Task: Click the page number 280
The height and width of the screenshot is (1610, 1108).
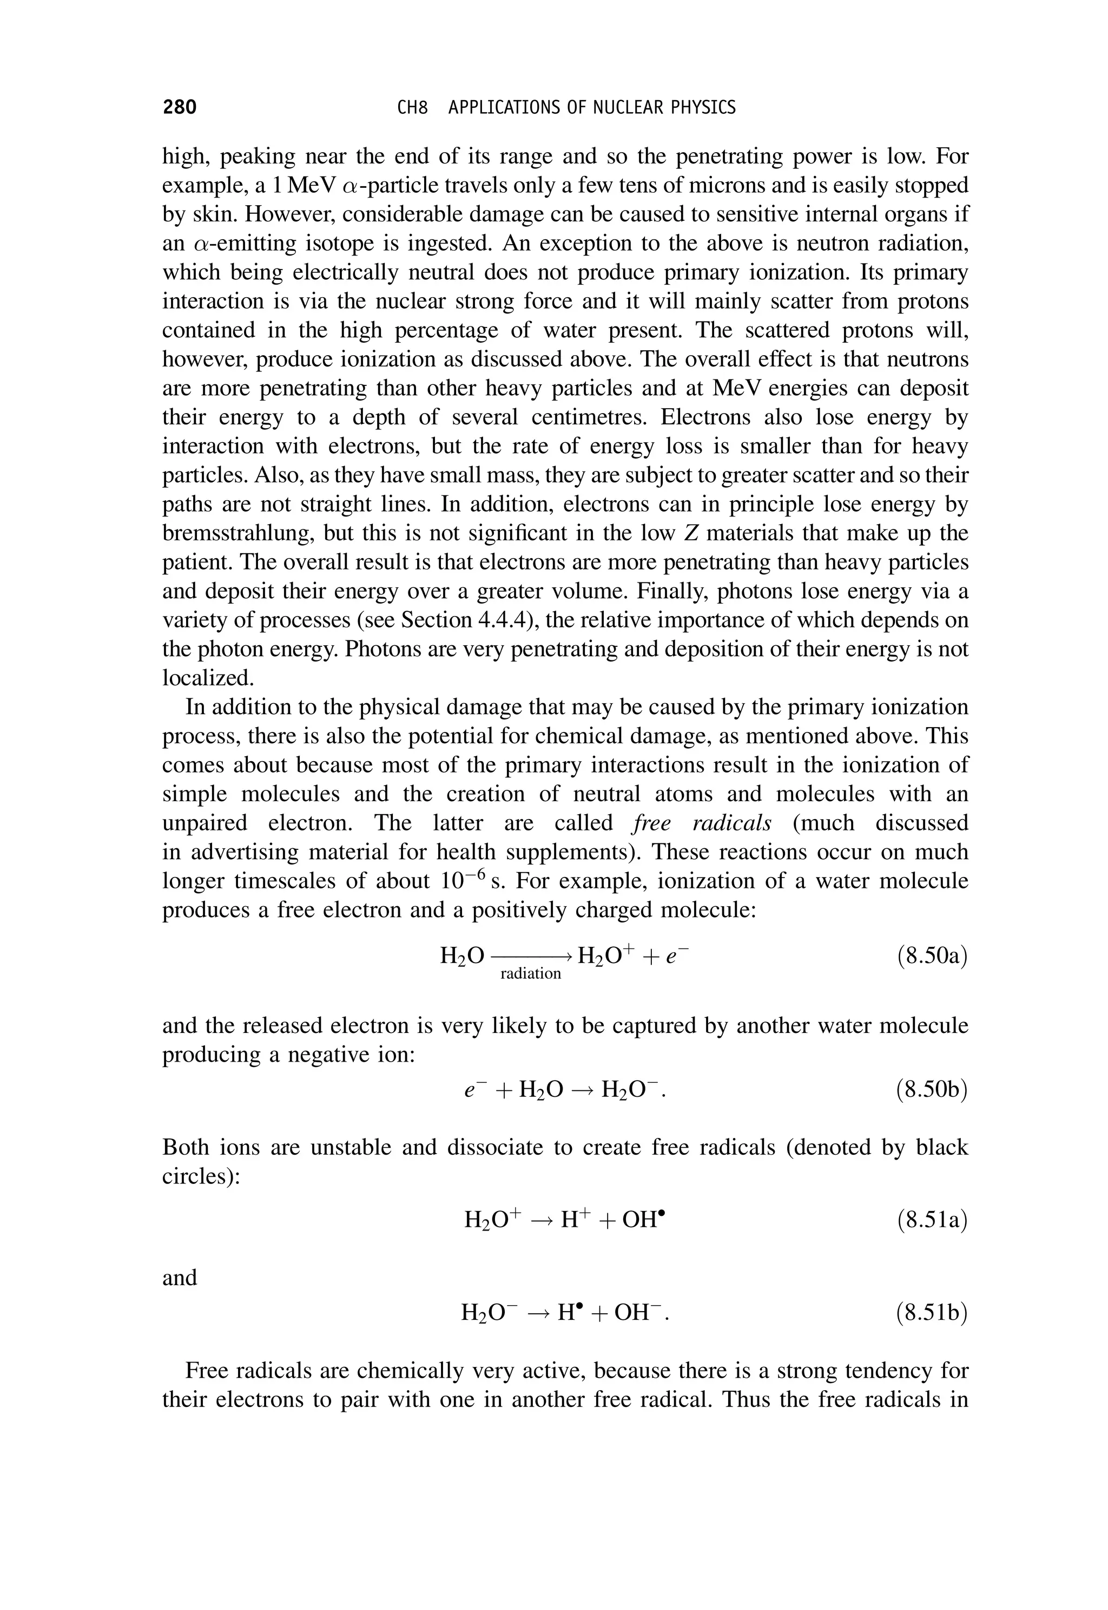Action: [180, 107]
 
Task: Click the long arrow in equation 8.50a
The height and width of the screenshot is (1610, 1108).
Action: [531, 957]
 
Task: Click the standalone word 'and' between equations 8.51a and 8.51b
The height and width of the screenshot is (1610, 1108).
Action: [180, 1277]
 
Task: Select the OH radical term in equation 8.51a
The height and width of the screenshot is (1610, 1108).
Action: [644, 1220]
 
